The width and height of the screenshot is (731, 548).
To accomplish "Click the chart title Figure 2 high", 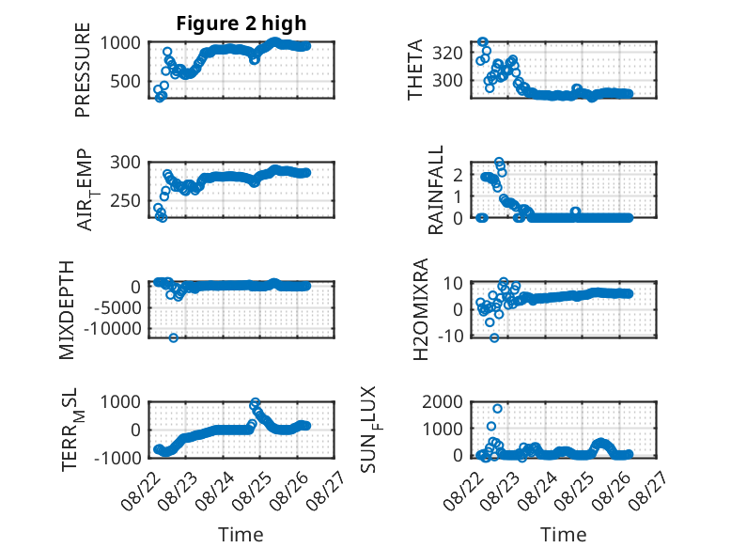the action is pos(241,23).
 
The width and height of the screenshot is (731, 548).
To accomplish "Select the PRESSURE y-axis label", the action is pos(83,70).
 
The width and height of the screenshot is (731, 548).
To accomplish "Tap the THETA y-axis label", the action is pos(414,70).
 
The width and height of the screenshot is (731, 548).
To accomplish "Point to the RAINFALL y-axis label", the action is pos(435,190).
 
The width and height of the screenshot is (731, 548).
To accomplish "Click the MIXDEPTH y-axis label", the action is pos(67,310).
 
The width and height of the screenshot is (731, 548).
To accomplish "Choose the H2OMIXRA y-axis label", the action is pos(421,309).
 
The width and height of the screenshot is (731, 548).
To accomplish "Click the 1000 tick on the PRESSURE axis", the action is pos(120,43).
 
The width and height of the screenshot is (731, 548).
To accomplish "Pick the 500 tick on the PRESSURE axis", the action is pos(125,82).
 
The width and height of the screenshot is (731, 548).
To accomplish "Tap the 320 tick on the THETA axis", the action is pos(447,54).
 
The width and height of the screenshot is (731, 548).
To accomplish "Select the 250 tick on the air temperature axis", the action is pos(125,201).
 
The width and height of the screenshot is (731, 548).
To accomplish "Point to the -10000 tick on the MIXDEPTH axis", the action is pos(113,329).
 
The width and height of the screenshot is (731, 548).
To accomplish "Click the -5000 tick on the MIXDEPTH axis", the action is pos(117,307).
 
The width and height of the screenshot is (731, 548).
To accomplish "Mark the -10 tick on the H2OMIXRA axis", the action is pos(450,336).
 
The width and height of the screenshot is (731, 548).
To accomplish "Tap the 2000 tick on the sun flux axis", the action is pos(443,401).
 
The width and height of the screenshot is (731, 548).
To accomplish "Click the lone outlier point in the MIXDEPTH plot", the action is pos(174,337).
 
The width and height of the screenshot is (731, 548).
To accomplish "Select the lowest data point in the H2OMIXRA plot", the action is pos(494,337).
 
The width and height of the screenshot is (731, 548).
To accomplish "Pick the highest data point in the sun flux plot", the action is pos(497,409).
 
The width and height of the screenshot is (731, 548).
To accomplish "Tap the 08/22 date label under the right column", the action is pos(460,491).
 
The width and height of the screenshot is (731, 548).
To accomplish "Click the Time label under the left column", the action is pos(241,535).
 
